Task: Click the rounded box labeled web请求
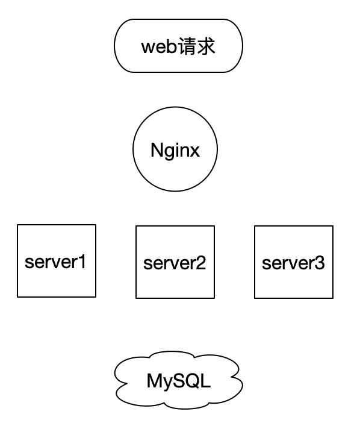point(178,46)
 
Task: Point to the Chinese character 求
point(206,46)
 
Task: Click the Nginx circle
point(175,149)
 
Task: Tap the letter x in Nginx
point(194,151)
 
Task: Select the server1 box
point(57,260)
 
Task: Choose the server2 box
point(175,262)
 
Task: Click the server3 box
point(293,262)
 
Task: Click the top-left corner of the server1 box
point(17,225)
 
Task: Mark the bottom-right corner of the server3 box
point(333,298)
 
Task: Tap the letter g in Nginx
point(170,152)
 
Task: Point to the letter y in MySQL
point(166,383)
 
